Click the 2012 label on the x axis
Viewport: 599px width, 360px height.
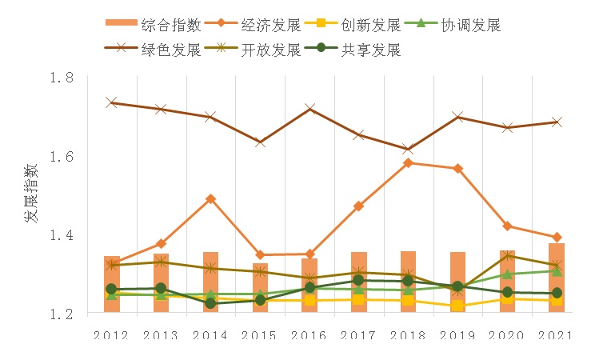coord(111,335)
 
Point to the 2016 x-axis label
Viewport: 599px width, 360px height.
coord(309,335)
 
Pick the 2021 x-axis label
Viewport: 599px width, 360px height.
coord(557,335)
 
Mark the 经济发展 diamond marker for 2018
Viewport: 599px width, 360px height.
coord(408,163)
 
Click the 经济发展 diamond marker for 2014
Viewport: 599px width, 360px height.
coord(210,198)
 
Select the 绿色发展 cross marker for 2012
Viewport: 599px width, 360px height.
coord(111,103)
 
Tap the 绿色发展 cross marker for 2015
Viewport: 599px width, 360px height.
coord(260,142)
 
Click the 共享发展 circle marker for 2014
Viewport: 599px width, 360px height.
coord(210,304)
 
